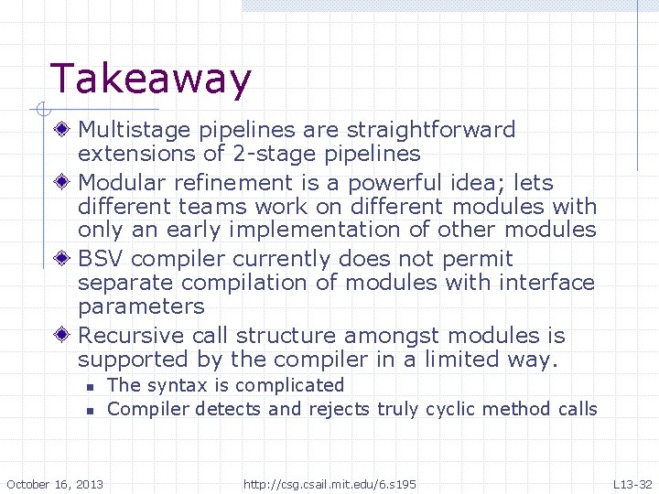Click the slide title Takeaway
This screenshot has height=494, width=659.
click(150, 80)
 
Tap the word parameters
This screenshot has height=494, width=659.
click(141, 306)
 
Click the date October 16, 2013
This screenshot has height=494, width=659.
click(55, 483)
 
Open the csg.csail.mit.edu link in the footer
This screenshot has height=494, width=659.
click(329, 483)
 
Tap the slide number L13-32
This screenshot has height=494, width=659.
click(632, 483)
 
